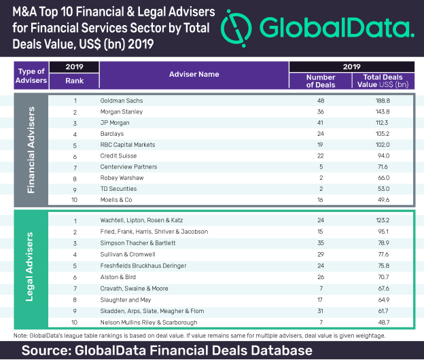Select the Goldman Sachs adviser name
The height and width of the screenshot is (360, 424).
120,101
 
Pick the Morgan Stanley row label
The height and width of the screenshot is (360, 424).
120,111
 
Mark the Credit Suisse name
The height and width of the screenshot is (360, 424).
117,156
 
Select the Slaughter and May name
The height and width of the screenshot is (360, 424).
126,298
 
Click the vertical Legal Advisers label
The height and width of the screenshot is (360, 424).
30,270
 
